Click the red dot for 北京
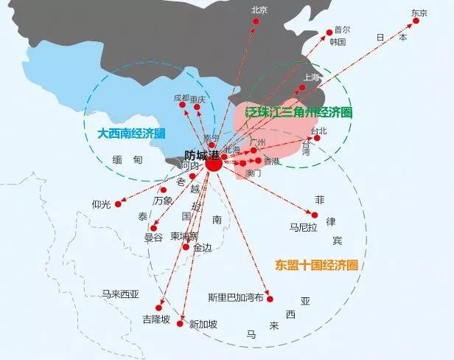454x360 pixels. [x=256, y=21]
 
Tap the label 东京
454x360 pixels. [x=419, y=12]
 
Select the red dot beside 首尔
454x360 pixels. [x=329, y=31]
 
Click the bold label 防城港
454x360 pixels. [x=202, y=155]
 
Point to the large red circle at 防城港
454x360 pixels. [x=214, y=165]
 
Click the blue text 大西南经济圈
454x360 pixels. [x=131, y=134]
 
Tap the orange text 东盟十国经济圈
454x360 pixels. [x=316, y=264]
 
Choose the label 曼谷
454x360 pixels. [x=153, y=238]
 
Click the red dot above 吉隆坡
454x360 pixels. [x=160, y=306]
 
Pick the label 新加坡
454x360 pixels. [x=203, y=324]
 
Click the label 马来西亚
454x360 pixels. [x=120, y=294]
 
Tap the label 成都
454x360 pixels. [x=181, y=97]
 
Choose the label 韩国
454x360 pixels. [x=338, y=42]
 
